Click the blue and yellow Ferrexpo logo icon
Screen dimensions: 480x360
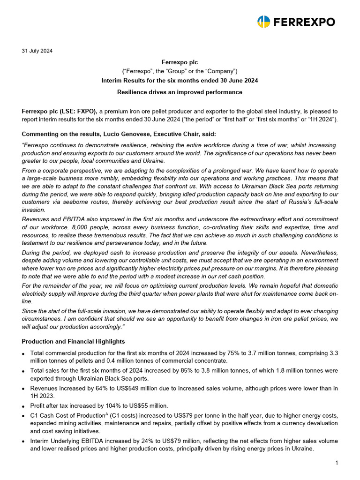[x=264, y=22]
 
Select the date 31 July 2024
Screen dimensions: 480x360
[x=37, y=51]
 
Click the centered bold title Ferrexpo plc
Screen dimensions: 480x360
[x=180, y=62]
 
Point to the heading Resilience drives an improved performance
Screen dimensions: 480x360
[x=180, y=92]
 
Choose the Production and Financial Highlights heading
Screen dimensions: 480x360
[x=73, y=341]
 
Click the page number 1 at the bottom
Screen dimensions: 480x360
[x=336, y=463]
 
